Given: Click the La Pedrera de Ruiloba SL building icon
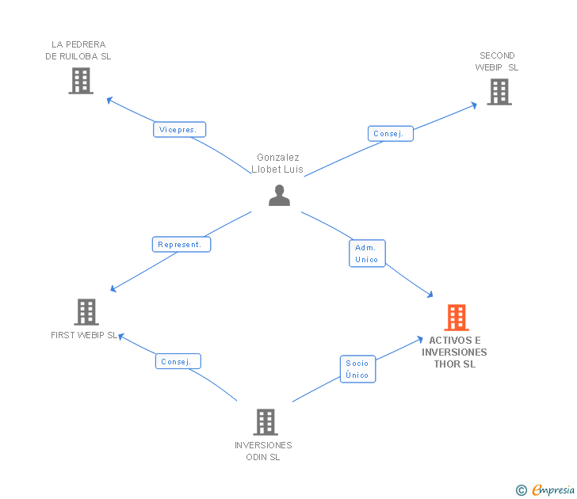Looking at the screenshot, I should [81, 81].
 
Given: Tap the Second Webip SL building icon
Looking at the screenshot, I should [499, 92].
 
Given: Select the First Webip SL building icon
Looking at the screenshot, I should [86, 312].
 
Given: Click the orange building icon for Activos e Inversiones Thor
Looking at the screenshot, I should [456, 318].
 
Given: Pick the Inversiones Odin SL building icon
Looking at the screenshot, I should [265, 422].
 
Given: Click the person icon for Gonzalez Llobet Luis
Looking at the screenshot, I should [279, 195].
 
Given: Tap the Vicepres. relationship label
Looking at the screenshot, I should [180, 130].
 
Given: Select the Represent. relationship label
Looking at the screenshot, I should [182, 244].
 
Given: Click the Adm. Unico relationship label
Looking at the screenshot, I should [367, 253].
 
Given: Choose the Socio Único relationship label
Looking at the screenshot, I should [357, 369].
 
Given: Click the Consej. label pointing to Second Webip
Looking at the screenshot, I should [390, 134].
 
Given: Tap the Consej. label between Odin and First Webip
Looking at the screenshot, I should [178, 361].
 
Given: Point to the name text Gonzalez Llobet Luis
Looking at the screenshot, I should [277, 164].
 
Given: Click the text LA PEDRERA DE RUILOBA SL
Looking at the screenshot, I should [78, 51].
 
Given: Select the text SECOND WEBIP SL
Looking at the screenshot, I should [497, 62].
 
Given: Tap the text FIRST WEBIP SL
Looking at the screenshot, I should [84, 335].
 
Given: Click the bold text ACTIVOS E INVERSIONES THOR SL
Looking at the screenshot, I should [454, 352].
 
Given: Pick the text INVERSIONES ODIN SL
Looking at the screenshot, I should [263, 451].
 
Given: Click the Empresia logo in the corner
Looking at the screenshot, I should [553, 489].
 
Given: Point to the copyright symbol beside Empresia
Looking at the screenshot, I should [522, 490].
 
